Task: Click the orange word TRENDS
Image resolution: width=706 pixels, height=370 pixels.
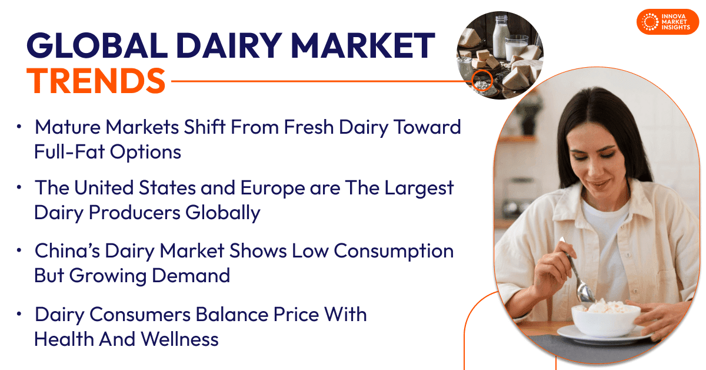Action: pos(96,81)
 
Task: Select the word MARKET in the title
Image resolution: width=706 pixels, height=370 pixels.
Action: pos(363,45)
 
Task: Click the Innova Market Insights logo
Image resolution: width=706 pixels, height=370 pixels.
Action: pos(668,22)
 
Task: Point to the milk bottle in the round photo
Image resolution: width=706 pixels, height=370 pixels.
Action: pos(501,35)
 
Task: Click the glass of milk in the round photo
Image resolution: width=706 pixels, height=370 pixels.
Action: pos(517,47)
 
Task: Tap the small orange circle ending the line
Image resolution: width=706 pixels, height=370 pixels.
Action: pos(482,81)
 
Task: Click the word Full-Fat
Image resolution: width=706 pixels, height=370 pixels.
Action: pos(69,152)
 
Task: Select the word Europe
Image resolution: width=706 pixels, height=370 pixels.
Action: pos(272,188)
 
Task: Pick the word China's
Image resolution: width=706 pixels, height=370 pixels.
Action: pos(67,250)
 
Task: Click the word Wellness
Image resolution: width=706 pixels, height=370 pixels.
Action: pos(179,339)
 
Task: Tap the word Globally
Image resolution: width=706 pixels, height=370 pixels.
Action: pos(223,213)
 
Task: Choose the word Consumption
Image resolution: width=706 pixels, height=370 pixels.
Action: pos(394,252)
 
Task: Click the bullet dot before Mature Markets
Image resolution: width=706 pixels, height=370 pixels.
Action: pos(19,127)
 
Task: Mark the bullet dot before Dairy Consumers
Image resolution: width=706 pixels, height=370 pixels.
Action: pos(19,314)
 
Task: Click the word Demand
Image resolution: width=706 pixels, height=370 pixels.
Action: pos(191,276)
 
